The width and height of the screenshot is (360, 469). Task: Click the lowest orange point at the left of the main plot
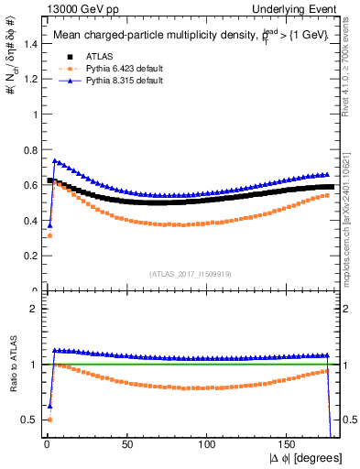[49, 235]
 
